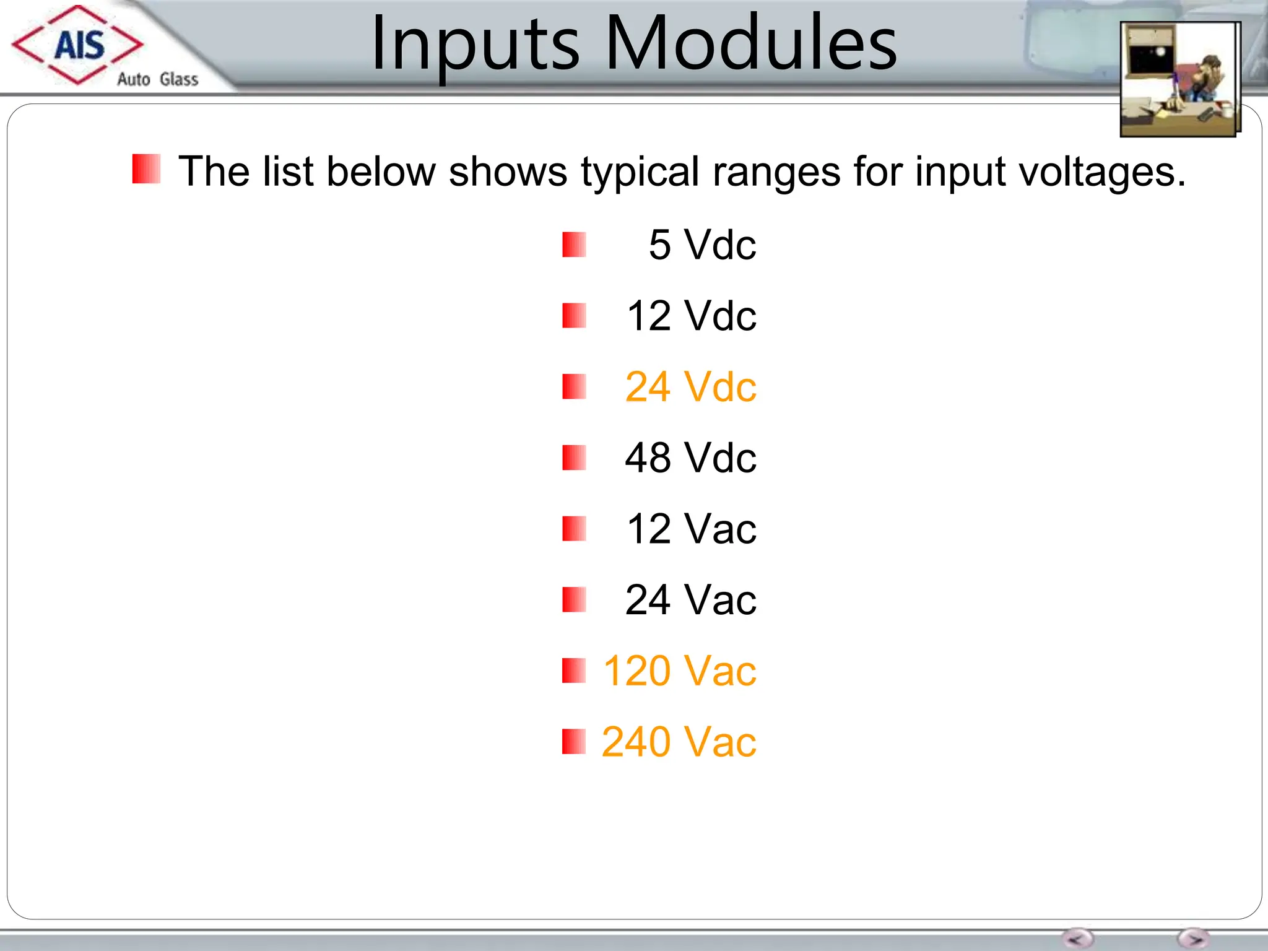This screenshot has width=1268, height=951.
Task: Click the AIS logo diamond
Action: pos(78,45)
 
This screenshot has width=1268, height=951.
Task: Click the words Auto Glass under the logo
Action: pos(158,79)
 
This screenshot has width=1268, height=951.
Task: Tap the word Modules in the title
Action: pos(750,43)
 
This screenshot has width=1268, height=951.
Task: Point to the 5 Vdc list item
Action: pos(702,245)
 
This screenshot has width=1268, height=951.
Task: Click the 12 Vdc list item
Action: pos(691,316)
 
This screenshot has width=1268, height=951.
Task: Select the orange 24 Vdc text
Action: pos(690,387)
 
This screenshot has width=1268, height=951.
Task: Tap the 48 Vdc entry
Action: pos(690,458)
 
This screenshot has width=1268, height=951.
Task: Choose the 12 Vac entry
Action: pos(691,529)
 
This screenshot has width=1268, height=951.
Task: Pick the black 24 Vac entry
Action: pos(690,600)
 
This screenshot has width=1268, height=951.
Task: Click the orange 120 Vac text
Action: pos(679,671)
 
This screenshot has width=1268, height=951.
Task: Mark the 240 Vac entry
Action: pos(679,742)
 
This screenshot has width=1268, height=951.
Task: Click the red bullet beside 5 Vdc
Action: pos(574,245)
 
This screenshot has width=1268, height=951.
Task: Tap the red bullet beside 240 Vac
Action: pos(574,742)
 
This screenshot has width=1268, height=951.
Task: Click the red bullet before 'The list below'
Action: pos(146,169)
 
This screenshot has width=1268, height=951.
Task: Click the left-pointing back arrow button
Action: pos(1077,939)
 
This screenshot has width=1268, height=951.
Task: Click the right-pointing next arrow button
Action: pos(1193,939)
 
